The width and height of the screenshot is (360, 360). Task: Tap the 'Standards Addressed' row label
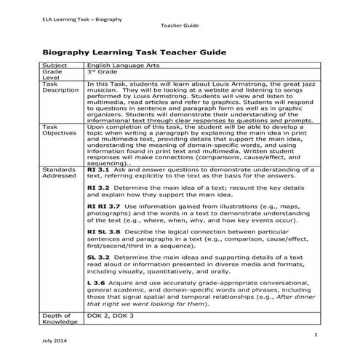pos(57,173)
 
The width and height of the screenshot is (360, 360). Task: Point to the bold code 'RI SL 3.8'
pos(103,231)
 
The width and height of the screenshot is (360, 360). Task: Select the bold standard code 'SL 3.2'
pos(97,257)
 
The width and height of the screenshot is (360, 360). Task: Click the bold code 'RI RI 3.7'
pos(103,206)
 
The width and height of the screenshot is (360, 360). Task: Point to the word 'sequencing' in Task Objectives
pos(107,164)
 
